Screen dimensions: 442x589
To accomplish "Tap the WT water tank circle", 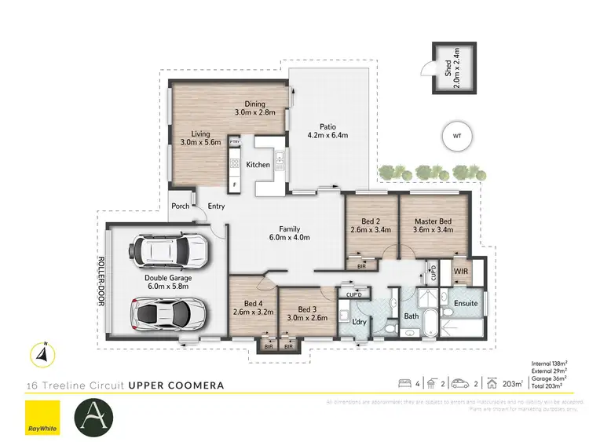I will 456,136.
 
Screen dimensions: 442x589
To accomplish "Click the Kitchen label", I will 258,165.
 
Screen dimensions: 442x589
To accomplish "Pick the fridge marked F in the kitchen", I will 234,184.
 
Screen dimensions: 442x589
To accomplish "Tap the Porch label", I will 180,206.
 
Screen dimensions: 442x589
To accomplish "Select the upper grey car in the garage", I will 172,251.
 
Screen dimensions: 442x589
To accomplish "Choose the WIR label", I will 461,272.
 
